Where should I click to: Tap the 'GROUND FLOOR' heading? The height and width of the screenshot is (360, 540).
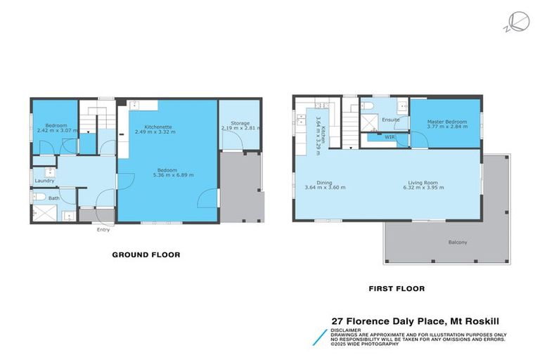point(146,255)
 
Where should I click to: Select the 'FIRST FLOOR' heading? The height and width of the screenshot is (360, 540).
point(397,288)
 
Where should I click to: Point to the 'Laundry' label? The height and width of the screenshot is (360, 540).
point(45,181)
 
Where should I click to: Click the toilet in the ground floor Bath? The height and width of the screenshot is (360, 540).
point(39,198)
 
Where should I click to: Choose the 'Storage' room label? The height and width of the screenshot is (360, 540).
point(240,123)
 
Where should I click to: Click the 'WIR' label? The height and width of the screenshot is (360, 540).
point(390,138)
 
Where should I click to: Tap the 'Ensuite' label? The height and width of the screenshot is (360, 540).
point(391,120)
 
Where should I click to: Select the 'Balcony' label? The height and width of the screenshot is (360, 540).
point(457,243)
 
